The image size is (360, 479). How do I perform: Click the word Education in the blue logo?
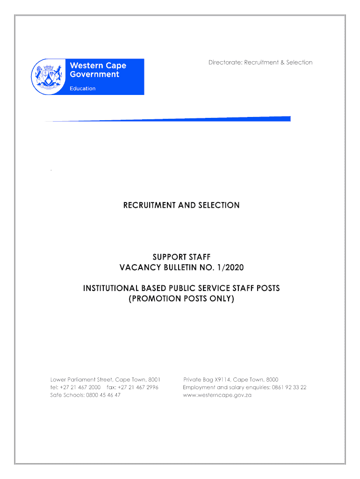coord(83,88)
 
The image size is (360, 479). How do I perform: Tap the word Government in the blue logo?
coord(94,74)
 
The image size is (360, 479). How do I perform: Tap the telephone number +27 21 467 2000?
coord(80,387)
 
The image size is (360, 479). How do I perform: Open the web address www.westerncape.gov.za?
coord(217,395)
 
